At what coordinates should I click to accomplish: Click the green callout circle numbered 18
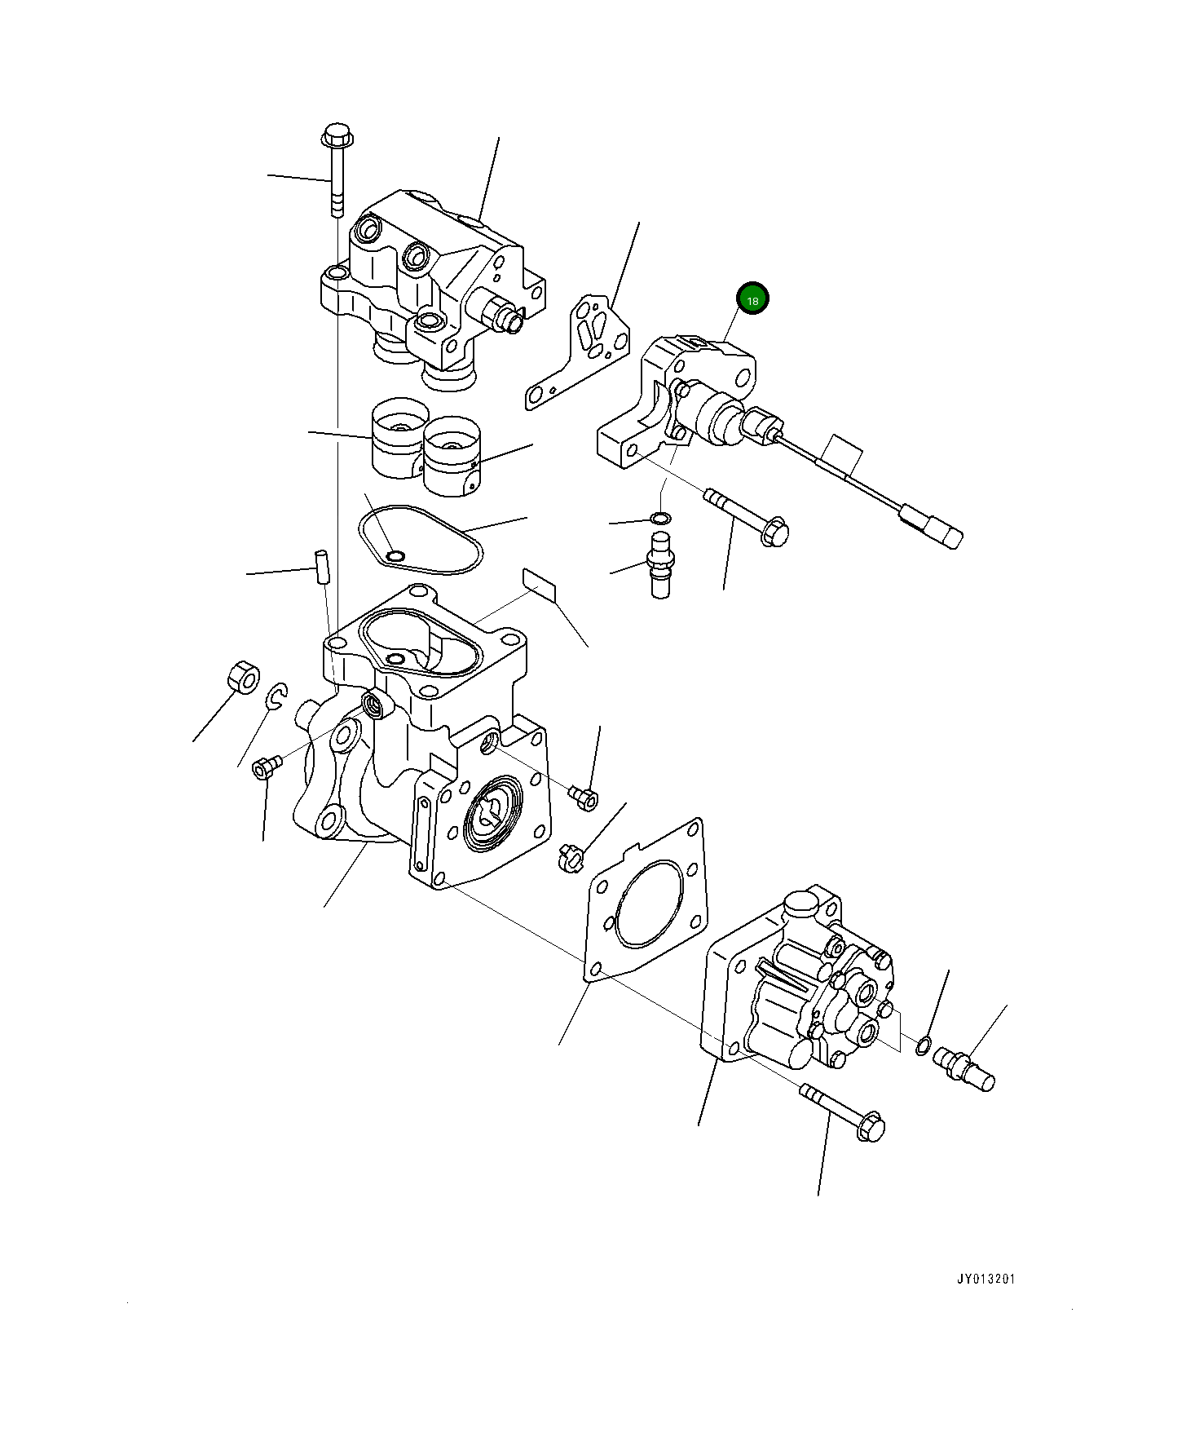click(752, 300)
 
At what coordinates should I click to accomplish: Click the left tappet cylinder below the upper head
click(398, 438)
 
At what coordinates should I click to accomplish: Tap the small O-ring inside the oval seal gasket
click(395, 556)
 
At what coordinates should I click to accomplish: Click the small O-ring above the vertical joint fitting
click(661, 518)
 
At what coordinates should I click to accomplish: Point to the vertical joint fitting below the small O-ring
click(661, 564)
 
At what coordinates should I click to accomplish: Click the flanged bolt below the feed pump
click(844, 1111)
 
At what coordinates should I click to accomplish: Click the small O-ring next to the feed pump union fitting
click(924, 1045)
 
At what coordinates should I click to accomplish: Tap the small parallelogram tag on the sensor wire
click(840, 453)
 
